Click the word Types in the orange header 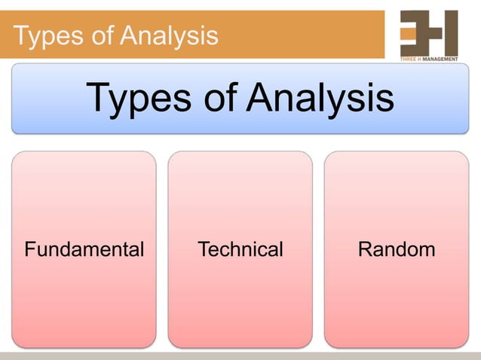click(x=44, y=35)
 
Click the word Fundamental click(x=84, y=249)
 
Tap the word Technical click(x=240, y=249)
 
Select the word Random click(x=397, y=249)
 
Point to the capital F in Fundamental click(x=29, y=249)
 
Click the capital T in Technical click(x=202, y=249)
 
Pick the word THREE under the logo click(x=409, y=59)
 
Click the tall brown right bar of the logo click(x=451, y=32)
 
